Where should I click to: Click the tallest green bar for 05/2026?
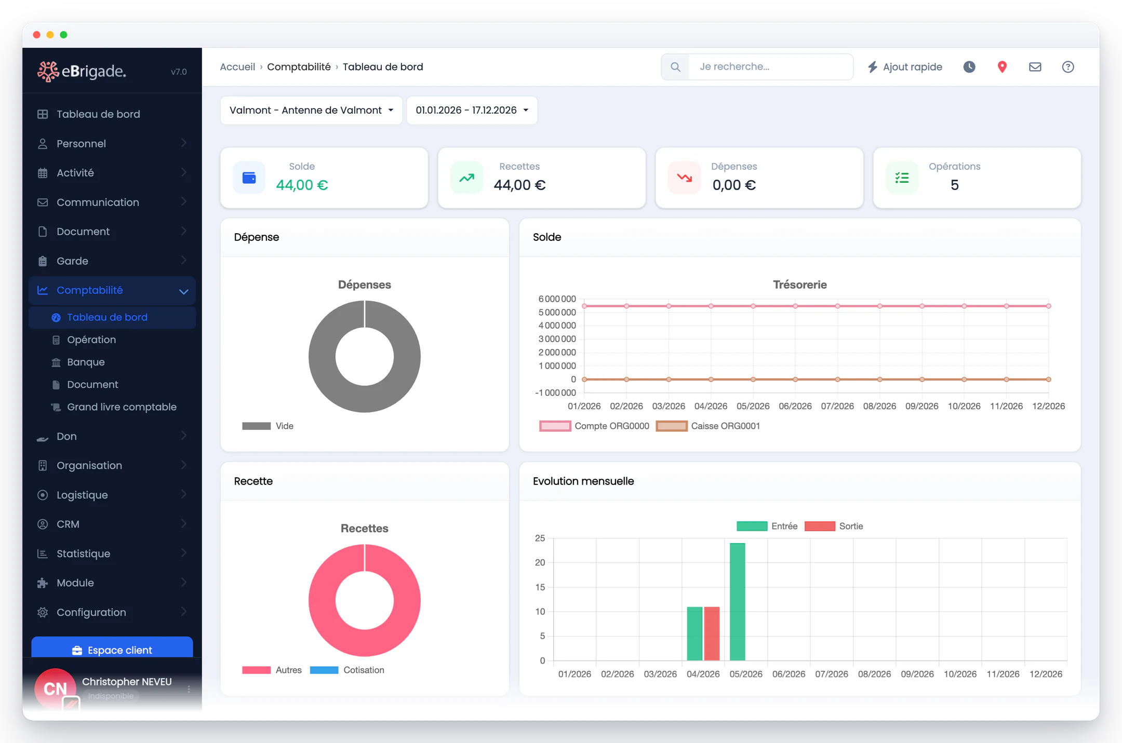click(x=737, y=602)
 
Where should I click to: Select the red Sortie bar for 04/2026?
click(x=712, y=633)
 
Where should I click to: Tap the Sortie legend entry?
click(x=834, y=526)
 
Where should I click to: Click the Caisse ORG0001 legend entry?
click(x=708, y=426)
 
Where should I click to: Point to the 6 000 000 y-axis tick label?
click(x=557, y=299)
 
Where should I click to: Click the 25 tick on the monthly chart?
click(x=540, y=538)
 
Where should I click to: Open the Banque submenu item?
click(x=86, y=362)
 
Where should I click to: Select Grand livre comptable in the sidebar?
click(x=122, y=407)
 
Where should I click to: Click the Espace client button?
click(x=112, y=649)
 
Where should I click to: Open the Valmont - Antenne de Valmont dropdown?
click(x=311, y=110)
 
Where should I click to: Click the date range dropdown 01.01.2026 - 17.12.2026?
click(x=472, y=110)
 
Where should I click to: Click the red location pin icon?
click(x=1002, y=67)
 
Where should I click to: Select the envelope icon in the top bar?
click(x=1035, y=67)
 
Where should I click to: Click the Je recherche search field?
click(x=771, y=66)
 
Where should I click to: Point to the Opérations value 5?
click(x=954, y=185)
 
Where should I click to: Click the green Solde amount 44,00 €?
click(x=302, y=185)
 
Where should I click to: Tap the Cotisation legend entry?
click(x=347, y=670)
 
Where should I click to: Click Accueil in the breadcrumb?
click(x=237, y=67)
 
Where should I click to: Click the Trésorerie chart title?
click(x=799, y=285)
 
